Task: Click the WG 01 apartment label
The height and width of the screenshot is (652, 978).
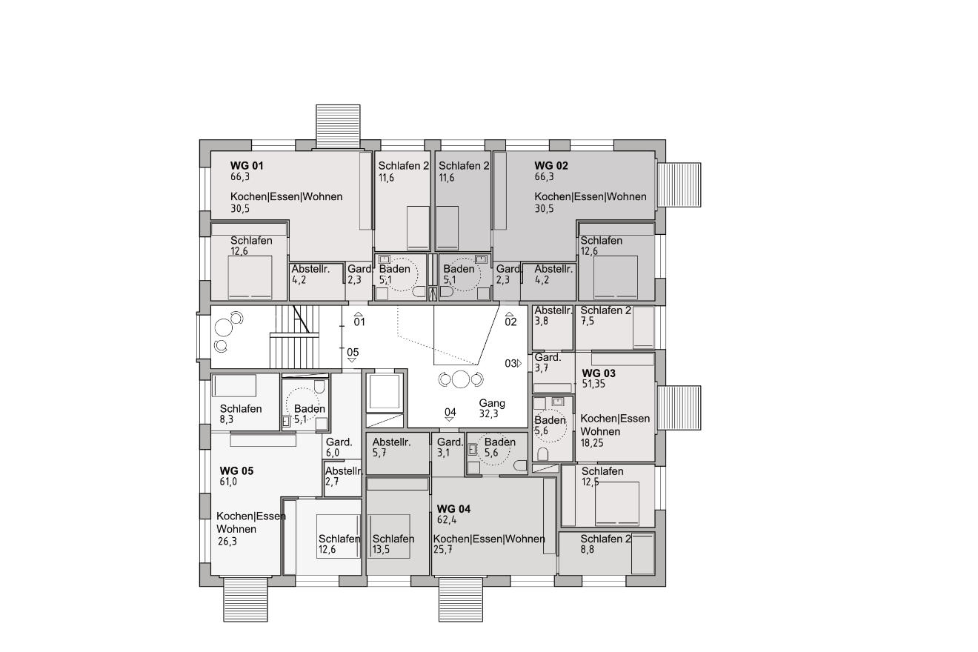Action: [x=247, y=166]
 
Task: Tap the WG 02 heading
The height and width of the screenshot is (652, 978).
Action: [x=551, y=166]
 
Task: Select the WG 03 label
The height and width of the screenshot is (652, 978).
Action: [x=599, y=373]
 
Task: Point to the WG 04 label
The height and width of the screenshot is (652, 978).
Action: [x=453, y=509]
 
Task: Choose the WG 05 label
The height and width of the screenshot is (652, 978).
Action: [x=236, y=470]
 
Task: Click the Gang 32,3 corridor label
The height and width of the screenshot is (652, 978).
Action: [x=492, y=408]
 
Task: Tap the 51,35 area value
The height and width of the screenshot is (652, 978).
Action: [x=593, y=385]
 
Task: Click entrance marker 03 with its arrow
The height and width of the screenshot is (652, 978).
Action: [x=513, y=363]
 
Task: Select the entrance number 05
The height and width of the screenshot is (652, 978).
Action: [x=353, y=353]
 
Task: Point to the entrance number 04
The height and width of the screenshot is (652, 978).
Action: [x=450, y=412]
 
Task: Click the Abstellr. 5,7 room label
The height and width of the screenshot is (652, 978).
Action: [x=391, y=448]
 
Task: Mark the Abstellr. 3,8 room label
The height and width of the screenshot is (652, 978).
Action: [x=553, y=316]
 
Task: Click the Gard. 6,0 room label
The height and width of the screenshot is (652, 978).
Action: [x=339, y=448]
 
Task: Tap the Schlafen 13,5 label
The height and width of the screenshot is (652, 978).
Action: [x=393, y=544]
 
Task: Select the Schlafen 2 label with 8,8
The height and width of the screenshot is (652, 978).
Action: [x=605, y=544]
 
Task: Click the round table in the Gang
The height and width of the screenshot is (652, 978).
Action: [x=461, y=379]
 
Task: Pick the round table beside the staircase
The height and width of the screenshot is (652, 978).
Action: [x=223, y=327]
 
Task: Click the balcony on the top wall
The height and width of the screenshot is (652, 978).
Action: [x=338, y=126]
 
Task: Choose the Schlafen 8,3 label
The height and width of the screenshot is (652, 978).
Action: [x=241, y=414]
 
